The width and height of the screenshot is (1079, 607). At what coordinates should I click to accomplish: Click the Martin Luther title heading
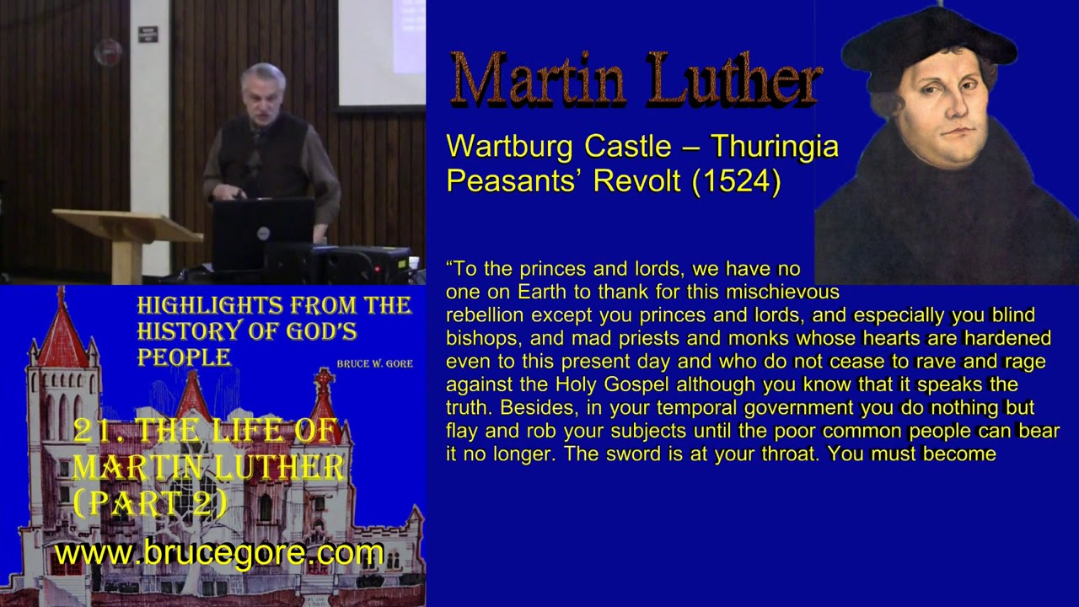(636, 80)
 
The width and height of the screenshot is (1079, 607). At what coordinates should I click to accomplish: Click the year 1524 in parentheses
(735, 181)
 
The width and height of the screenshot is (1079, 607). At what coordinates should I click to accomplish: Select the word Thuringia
(774, 147)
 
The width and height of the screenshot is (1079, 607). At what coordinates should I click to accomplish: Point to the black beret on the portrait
(927, 42)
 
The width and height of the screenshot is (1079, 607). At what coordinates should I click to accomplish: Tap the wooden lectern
(126, 232)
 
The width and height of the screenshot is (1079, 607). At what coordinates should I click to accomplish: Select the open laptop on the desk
(262, 232)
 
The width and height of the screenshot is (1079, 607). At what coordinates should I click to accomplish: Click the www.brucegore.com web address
(219, 554)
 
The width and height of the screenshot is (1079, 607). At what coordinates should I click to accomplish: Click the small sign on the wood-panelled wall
(148, 34)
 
